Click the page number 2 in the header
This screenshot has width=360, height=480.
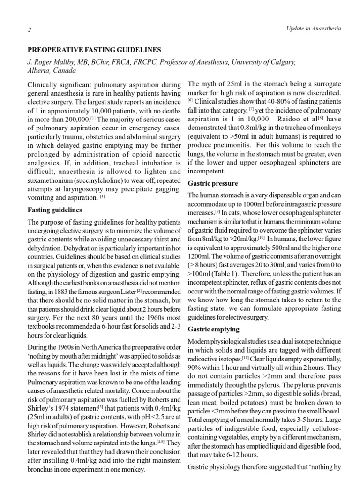click(x=29, y=30)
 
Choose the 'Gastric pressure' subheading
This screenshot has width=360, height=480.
click(x=212, y=183)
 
